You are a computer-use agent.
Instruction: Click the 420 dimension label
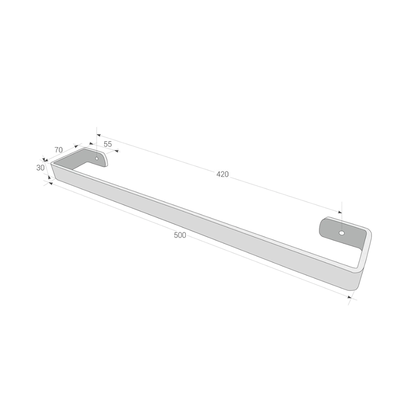(223, 174)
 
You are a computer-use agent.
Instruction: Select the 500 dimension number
(180, 235)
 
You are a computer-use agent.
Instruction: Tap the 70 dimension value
(58, 150)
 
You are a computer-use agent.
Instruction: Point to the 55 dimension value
(108, 144)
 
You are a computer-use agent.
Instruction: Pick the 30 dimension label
(40, 168)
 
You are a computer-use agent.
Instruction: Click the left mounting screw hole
(97, 159)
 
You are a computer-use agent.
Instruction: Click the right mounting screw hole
(342, 233)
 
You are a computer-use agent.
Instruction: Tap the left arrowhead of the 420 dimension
(99, 135)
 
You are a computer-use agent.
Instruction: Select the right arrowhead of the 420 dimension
(340, 212)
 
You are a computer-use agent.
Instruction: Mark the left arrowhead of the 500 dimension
(51, 184)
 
